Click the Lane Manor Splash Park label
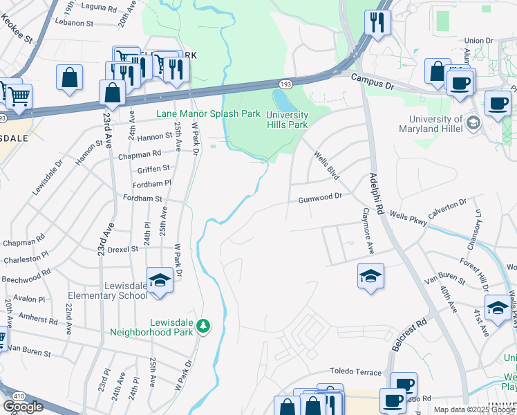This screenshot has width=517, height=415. point(208,113)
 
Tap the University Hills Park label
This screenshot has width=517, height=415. point(288,120)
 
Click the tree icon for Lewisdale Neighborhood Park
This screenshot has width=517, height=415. point(203,325)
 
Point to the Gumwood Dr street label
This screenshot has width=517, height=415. point(320,197)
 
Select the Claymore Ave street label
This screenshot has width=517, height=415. point(368,232)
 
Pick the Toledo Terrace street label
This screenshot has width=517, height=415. point(355,372)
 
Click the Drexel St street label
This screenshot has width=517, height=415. point(123,248)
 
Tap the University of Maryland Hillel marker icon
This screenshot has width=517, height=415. point(473,123)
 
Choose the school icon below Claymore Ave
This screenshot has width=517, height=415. point(370,277)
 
